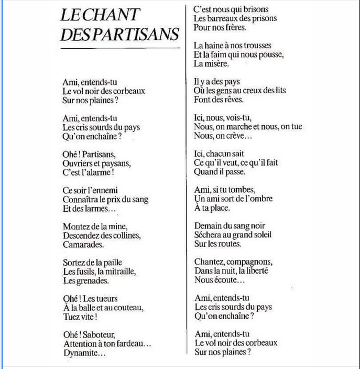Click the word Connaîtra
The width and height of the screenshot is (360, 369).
tap(81, 200)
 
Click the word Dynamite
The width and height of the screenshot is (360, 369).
tap(81, 353)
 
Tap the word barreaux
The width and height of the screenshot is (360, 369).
tap(223, 18)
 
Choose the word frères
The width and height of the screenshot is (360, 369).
tap(235, 27)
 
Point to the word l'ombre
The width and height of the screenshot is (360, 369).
tap(259, 199)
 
